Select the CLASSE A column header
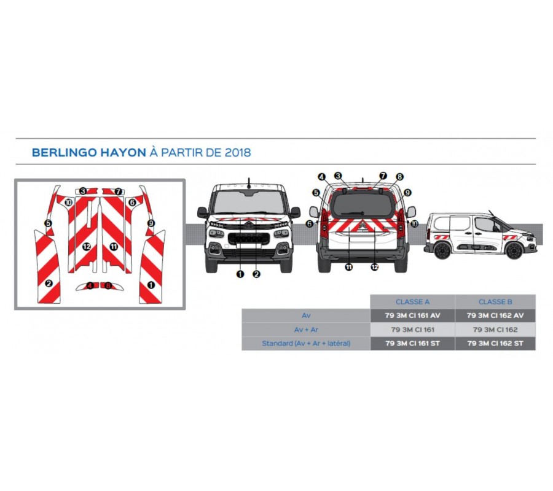point(412,302)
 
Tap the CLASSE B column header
point(495,302)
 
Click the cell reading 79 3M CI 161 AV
point(413,315)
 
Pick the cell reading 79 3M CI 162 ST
point(495,344)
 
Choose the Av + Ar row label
point(306,330)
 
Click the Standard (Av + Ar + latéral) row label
point(306,344)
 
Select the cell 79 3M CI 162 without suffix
point(495,330)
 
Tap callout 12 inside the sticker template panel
point(87,247)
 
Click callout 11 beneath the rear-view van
point(348,268)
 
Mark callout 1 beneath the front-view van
point(240,274)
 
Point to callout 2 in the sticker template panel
point(49,283)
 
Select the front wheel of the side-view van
point(514,250)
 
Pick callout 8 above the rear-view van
point(399,177)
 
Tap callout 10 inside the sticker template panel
point(68,203)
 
